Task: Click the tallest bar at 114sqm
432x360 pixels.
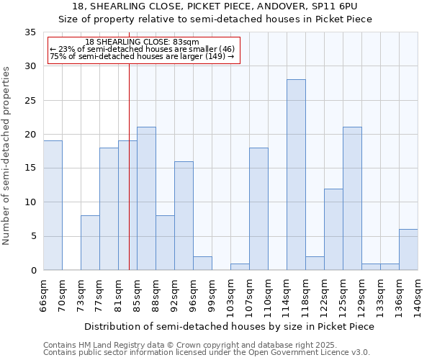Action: (296, 175)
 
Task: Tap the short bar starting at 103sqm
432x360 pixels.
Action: (240, 266)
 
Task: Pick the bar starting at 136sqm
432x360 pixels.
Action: (408, 250)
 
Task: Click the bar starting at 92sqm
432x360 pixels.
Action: (184, 216)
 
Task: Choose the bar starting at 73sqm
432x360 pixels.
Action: (90, 243)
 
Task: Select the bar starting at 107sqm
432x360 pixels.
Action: (258, 209)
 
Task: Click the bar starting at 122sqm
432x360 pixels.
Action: (333, 229)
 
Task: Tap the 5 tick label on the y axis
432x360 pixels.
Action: (33, 236)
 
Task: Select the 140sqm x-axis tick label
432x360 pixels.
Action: (418, 295)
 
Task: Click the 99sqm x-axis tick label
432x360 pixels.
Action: (212, 295)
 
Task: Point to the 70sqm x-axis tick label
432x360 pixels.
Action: (62, 295)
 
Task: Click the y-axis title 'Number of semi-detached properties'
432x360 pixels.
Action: (7, 156)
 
